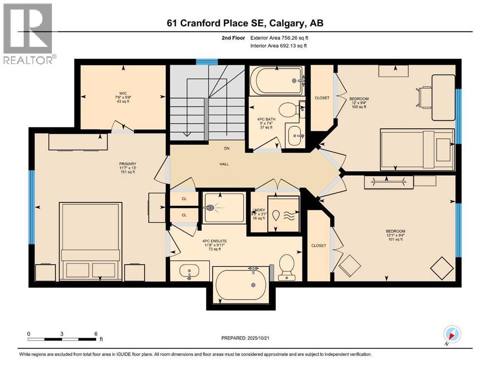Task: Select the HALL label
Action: (x=224, y=164)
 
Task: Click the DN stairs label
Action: (x=227, y=148)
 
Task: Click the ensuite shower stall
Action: (x=224, y=208)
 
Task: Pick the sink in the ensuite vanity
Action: (x=189, y=271)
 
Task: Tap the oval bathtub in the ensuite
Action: (x=242, y=285)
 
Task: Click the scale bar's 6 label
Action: (x=95, y=334)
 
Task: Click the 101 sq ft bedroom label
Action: (x=395, y=235)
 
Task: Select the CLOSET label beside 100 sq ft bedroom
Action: (x=322, y=98)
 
